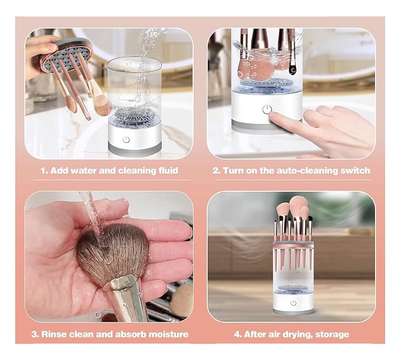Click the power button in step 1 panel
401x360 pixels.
126,139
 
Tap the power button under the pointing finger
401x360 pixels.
267,109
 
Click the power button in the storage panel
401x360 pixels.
293,303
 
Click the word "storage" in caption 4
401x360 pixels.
331,334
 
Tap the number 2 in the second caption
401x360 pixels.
216,171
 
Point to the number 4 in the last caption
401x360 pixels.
237,334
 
